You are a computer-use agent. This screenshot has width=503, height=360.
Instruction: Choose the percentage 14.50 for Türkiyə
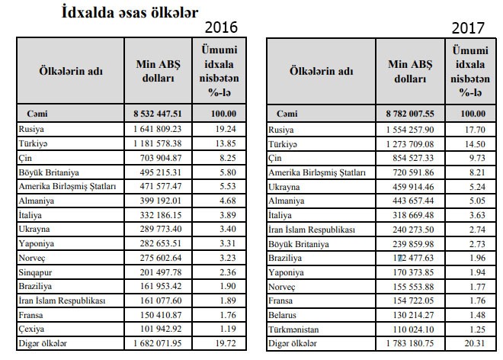click(475, 143)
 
